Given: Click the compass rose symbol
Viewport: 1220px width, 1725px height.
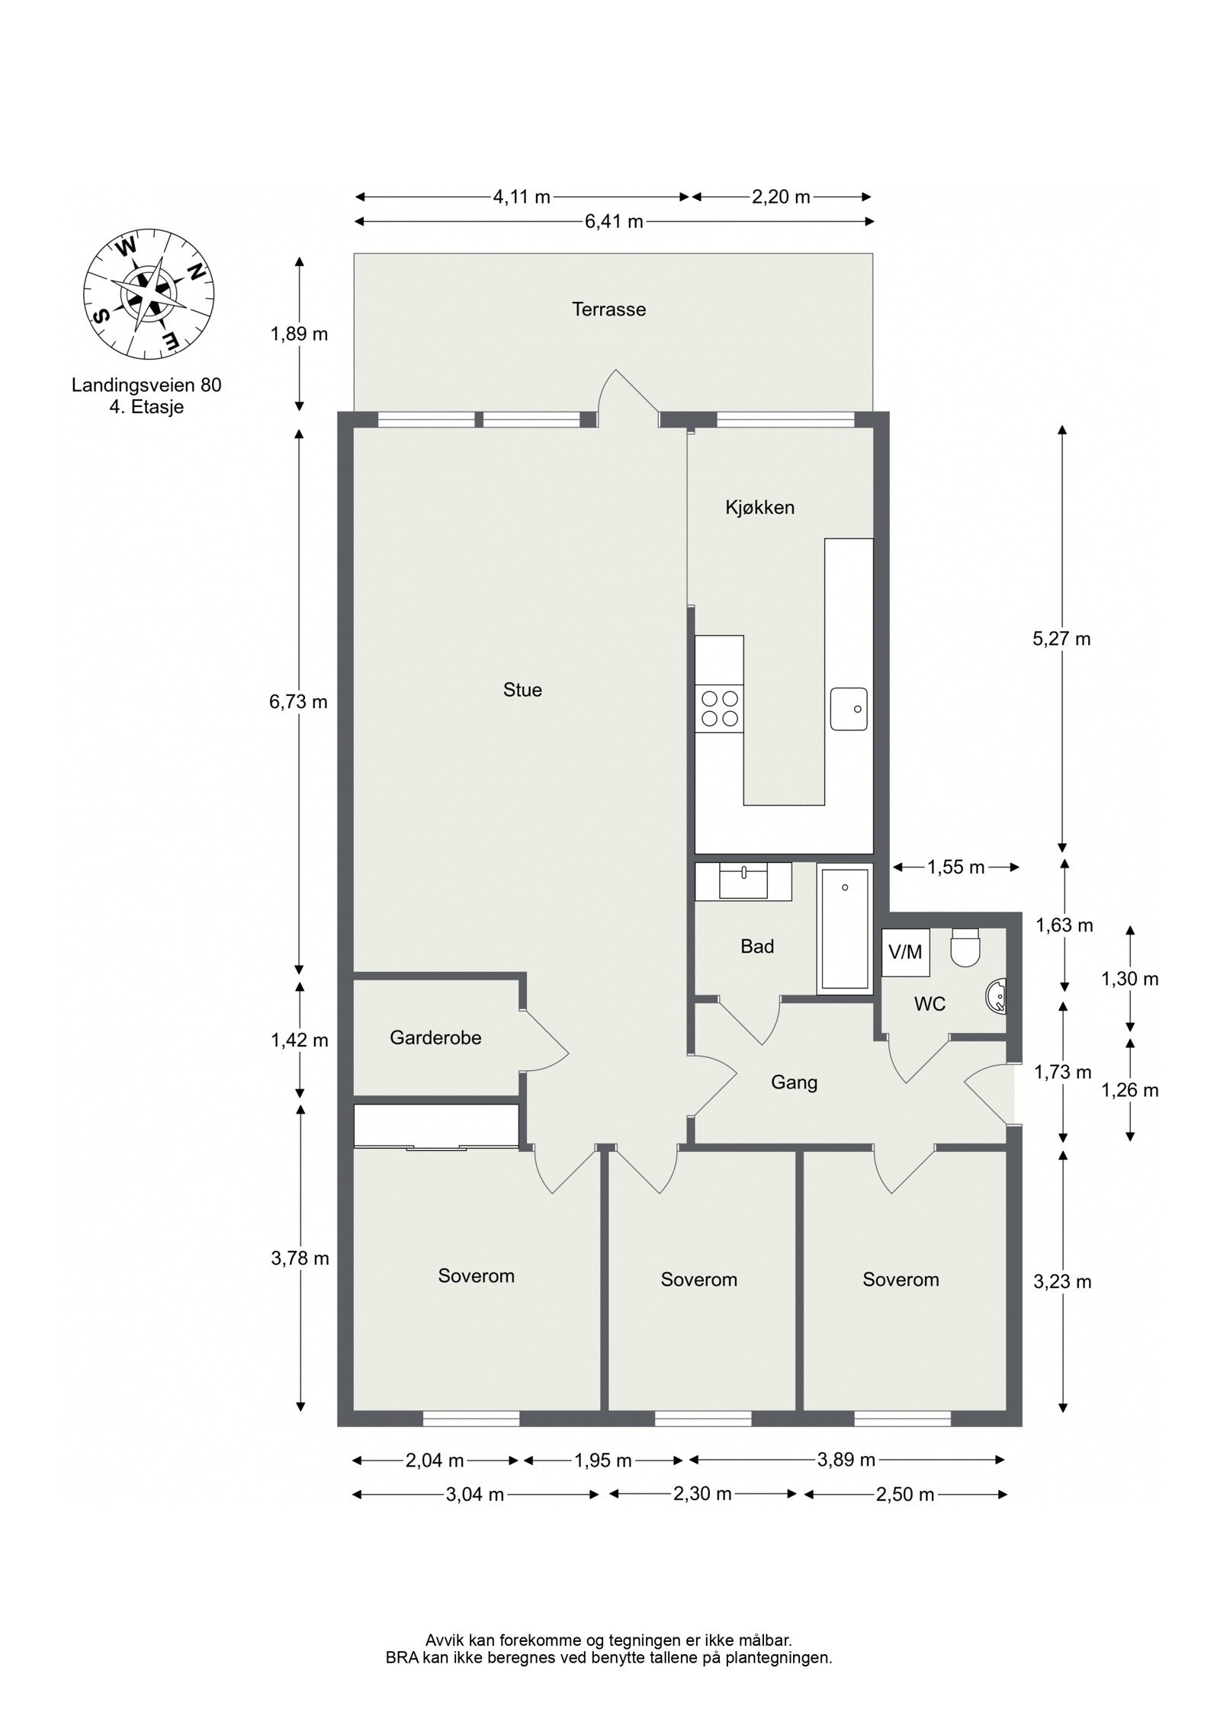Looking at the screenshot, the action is [149, 294].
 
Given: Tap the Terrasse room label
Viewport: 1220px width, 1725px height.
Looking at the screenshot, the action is [608, 309].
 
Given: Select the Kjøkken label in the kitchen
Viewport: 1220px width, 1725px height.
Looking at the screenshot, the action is [759, 508].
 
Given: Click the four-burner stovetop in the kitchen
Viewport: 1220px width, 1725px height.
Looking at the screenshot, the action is [719, 709].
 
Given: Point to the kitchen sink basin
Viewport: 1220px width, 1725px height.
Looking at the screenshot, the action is [849, 709].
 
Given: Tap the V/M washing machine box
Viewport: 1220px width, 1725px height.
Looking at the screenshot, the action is [905, 952].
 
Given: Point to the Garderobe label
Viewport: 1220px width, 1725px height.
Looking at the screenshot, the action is [435, 1037].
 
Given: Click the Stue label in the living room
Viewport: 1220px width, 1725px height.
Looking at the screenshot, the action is [522, 690].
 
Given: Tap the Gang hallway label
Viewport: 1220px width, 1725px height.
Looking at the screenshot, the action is [794, 1082].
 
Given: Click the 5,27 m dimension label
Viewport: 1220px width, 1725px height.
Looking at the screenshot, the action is [1061, 639].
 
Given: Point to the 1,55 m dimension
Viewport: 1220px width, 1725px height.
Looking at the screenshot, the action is [955, 867].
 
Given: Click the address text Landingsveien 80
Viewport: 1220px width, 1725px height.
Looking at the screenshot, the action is [146, 386].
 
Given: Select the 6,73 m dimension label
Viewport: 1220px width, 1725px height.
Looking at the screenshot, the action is [298, 701].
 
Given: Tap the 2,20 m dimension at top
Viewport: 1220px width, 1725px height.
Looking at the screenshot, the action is [781, 197].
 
